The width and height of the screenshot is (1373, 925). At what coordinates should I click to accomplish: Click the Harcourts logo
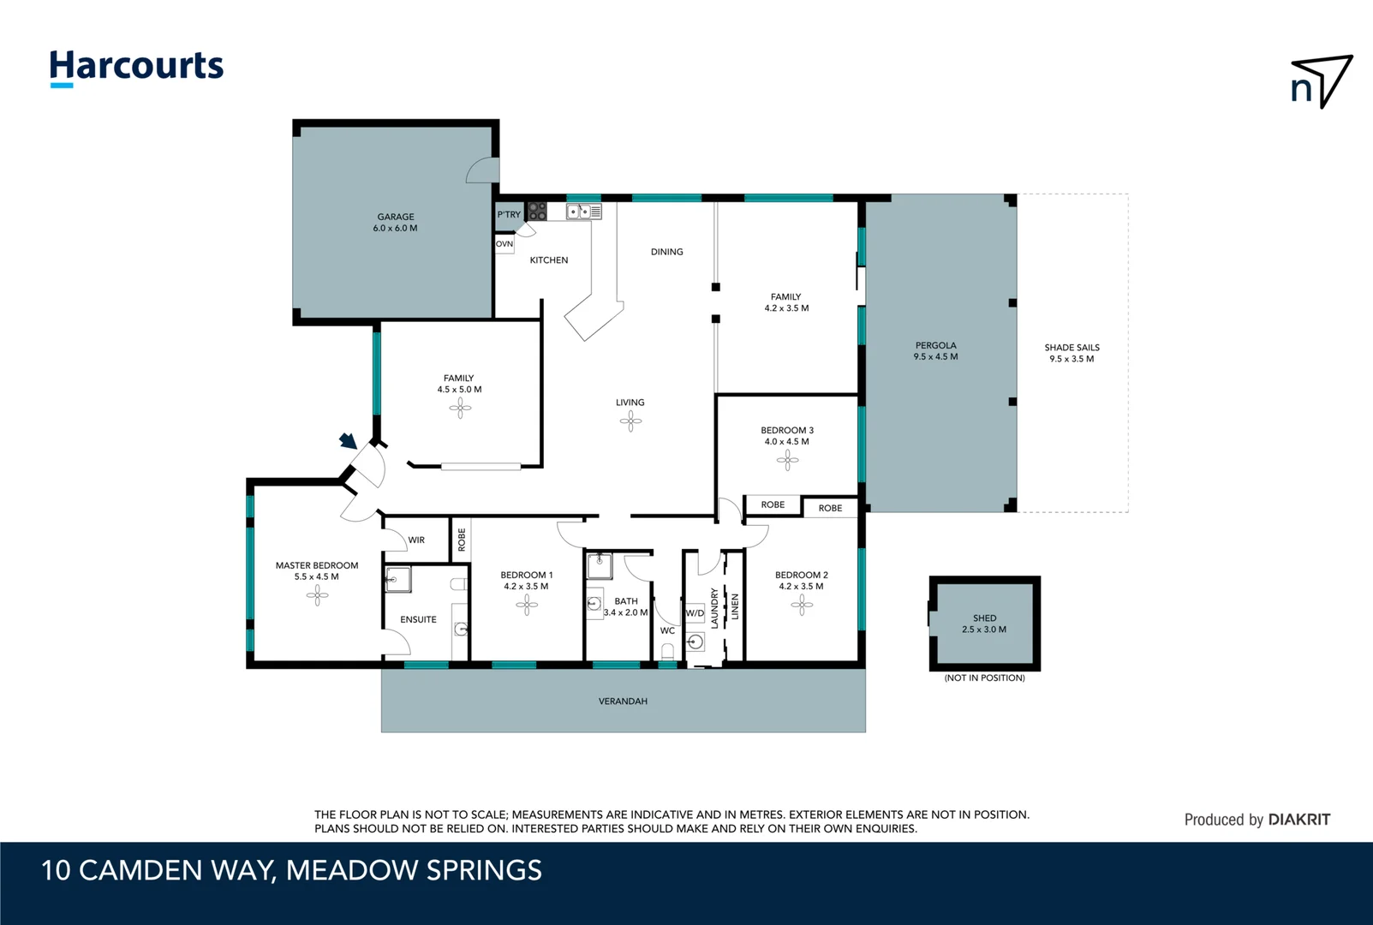point(136,68)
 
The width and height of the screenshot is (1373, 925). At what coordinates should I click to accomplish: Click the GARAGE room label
point(396,217)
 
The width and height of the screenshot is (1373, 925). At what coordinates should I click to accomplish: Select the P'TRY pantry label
point(509,214)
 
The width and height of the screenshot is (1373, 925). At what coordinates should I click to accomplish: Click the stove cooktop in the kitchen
point(537,212)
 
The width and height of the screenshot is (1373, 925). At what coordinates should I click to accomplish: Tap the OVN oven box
point(504,244)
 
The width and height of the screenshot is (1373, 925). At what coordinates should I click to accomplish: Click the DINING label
point(667,252)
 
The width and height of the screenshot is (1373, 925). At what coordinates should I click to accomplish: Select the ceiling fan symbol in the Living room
point(630,421)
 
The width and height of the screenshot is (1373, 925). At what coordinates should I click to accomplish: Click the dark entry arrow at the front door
point(348,440)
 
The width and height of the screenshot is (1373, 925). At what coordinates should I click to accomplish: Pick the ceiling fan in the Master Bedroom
point(317,595)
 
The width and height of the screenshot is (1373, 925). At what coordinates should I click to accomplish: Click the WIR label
point(416,540)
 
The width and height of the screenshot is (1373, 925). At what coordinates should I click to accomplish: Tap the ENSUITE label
point(418,620)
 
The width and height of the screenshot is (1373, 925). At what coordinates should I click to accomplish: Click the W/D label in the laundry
point(695,613)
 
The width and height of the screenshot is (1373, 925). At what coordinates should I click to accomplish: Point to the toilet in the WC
point(667,652)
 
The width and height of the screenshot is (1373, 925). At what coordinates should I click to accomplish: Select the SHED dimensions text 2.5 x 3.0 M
point(984,630)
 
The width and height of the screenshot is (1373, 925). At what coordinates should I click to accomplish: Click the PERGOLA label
point(935,346)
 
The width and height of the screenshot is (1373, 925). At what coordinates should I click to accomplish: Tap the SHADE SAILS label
point(1072,348)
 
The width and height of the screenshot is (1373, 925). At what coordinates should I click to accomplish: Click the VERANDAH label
point(623,701)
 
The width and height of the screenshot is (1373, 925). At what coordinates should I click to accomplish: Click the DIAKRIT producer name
point(1298,820)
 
